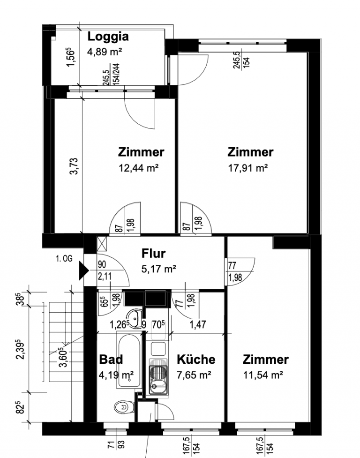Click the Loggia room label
108,37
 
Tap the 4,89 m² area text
104,52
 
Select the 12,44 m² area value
138,168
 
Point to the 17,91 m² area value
248,168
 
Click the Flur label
153,253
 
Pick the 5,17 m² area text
158,269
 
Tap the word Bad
111,359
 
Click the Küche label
196,359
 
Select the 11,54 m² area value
263,375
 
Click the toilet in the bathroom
124,407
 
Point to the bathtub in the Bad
128,361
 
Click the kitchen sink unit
158,376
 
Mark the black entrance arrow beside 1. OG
84,271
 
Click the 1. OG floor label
64,258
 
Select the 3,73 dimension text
74,166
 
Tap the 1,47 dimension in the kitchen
198,324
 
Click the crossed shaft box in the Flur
102,244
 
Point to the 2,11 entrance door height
105,276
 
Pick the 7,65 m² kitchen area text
194,375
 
